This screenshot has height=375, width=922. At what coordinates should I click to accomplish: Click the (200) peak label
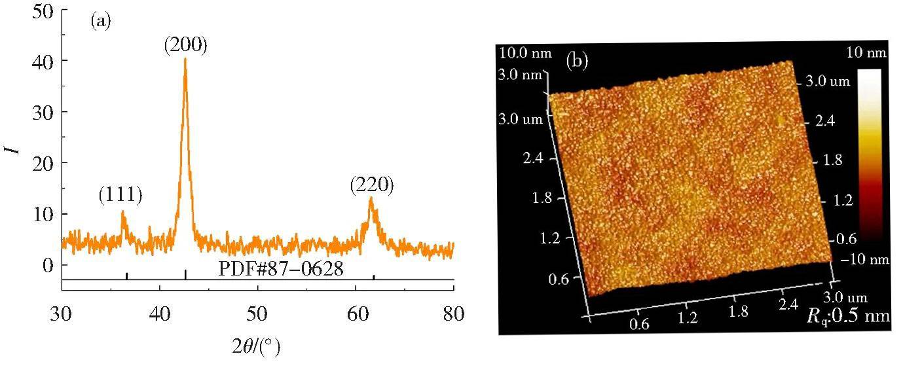(x=185, y=45)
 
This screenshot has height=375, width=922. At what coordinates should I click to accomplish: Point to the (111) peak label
(x=120, y=194)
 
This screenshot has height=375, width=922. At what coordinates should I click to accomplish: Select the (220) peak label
(x=372, y=186)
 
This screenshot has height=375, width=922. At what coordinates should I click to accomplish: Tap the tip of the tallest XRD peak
(x=185, y=59)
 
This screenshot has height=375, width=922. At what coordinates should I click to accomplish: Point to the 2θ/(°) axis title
(x=257, y=348)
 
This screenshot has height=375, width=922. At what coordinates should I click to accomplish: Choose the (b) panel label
(x=578, y=62)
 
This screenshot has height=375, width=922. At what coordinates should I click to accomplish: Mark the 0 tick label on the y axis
(x=47, y=265)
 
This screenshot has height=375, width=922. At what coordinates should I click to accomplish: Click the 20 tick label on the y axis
(x=42, y=163)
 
